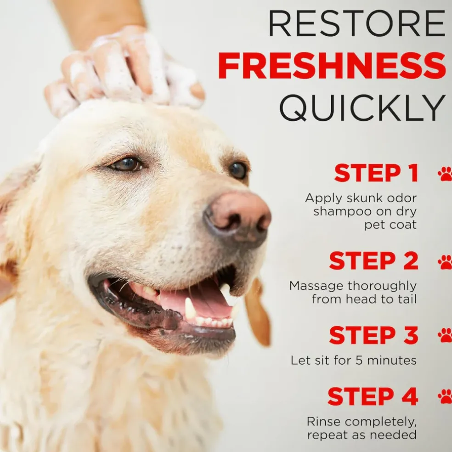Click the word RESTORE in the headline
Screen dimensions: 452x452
tap(357, 23)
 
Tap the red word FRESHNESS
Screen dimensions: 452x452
tap(332, 65)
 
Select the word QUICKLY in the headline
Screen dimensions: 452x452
tap(362, 108)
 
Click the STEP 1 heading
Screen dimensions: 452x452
tap(376, 173)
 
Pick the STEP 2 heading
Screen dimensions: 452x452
tap(373, 260)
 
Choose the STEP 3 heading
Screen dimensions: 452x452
tap(373, 335)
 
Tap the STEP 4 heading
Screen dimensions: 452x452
tap(373, 396)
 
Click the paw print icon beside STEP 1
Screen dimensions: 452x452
tap(446, 174)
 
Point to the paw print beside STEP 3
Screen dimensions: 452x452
tap(446, 335)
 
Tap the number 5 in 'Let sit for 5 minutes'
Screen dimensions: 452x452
tap(359, 360)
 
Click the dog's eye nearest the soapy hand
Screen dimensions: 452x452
tap(126, 164)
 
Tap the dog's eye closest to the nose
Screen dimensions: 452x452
tap(238, 170)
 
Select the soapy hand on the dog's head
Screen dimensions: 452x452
tap(124, 71)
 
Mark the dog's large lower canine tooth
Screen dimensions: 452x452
tap(190, 308)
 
